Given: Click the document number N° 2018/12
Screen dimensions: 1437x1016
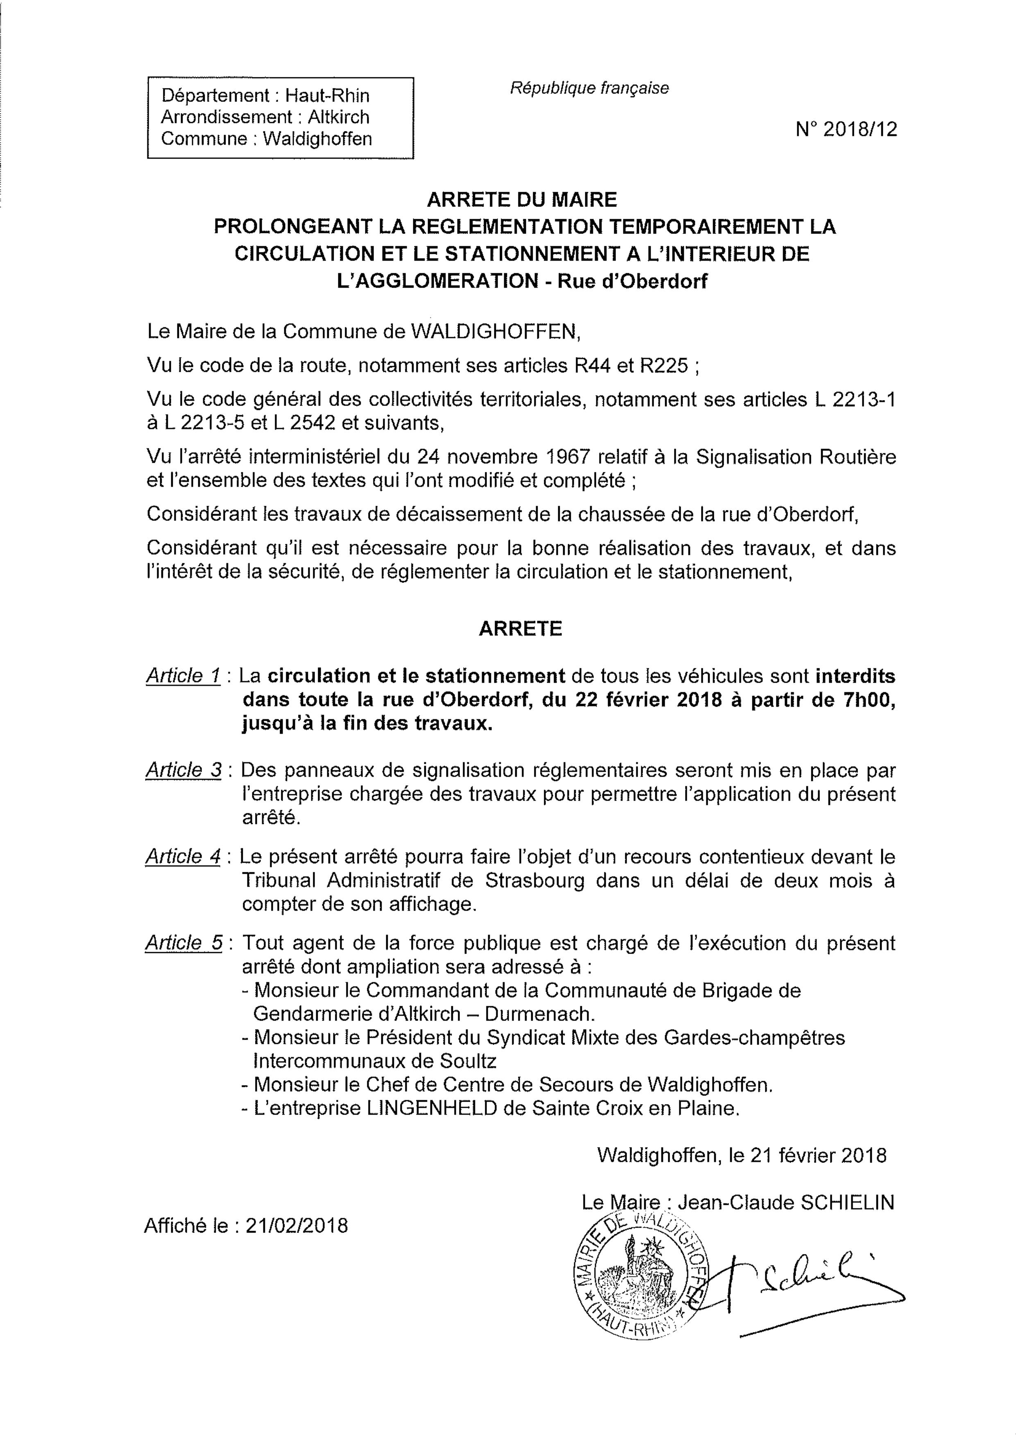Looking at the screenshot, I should pyautogui.click(x=846, y=129).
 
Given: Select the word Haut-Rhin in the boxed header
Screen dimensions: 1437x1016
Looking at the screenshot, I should pyautogui.click(x=327, y=96).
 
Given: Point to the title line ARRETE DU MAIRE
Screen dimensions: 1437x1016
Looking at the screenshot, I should pyautogui.click(x=521, y=200).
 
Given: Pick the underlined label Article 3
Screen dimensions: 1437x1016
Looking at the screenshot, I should pyautogui.click(x=183, y=770).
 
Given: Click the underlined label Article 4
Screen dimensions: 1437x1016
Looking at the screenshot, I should pyautogui.click(x=183, y=857).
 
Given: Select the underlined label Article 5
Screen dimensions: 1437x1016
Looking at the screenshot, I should pyautogui.click(x=183, y=943).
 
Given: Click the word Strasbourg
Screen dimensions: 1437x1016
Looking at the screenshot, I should pyautogui.click(x=535, y=880).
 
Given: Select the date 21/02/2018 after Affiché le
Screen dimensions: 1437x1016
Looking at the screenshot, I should pyautogui.click(x=297, y=1225).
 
